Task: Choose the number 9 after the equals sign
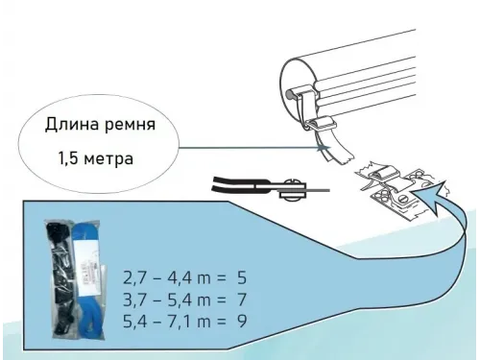pyautogui.click(x=241, y=317)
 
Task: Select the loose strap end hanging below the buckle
pyautogui.click(x=336, y=149)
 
